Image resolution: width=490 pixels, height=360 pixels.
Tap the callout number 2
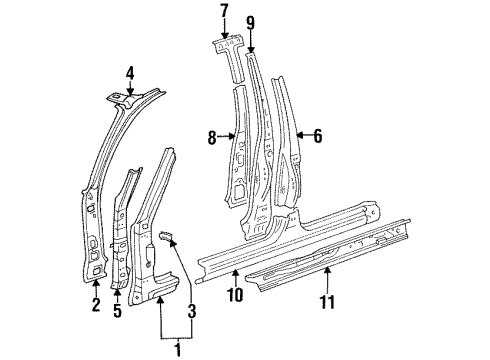point(96,304)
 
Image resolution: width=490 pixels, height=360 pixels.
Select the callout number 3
point(192,311)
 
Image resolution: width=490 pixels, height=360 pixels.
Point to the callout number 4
point(130,73)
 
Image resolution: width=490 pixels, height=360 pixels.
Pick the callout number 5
point(117,311)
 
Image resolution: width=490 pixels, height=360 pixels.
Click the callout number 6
point(318,136)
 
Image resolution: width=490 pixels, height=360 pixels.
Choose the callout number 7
point(224,11)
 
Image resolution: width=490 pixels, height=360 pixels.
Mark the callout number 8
point(212,137)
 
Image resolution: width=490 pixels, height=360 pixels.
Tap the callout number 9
point(250,23)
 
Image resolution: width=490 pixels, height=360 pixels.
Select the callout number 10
point(235,295)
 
